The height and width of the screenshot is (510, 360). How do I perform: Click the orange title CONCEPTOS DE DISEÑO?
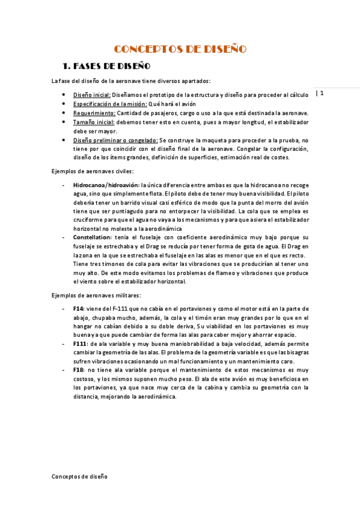pos(180,49)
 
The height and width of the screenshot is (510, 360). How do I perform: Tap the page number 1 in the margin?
pos(322,93)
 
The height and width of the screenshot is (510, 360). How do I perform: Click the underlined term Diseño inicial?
pos(92,95)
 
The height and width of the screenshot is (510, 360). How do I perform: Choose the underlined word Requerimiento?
pos(94,113)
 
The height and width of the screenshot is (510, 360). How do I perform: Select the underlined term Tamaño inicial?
pos(94,122)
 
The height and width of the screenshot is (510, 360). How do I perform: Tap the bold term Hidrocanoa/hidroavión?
pos(106,185)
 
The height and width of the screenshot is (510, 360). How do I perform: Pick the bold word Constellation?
pos(93,238)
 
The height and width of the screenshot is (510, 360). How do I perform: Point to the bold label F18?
pos(79,370)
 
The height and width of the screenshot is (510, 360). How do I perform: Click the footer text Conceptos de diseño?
pos(79,476)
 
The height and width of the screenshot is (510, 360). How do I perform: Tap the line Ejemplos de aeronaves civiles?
pos(92,171)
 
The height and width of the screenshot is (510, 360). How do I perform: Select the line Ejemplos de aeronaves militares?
pos(96,295)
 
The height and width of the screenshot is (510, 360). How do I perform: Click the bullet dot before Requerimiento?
pos(65,113)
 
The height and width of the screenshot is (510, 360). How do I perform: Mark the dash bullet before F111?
pos(64,343)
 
